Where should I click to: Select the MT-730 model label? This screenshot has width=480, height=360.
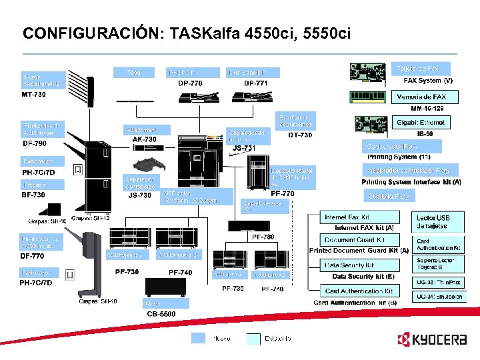click(34, 94)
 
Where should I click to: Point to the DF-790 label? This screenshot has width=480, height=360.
click(35, 143)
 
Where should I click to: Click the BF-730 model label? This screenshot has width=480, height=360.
click(34, 195)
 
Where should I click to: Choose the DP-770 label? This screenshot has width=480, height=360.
click(190, 83)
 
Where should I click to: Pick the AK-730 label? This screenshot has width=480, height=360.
click(144, 139)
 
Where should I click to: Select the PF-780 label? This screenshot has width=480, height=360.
click(263, 237)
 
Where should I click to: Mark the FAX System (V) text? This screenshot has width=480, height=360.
click(429, 80)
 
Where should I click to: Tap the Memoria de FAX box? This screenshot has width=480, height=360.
click(421, 97)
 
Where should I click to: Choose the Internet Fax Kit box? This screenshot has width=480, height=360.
click(360, 217)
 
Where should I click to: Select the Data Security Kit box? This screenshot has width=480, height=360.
click(360, 265)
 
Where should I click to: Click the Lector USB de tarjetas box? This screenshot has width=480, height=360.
click(433, 222)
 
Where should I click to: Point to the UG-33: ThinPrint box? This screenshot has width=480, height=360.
click(438, 283)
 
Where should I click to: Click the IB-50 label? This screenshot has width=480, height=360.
click(425, 133)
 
